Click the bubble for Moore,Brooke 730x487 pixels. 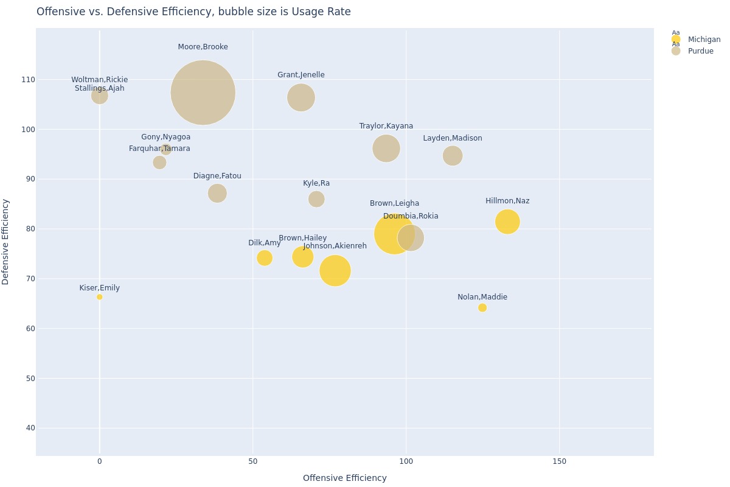point(203,93)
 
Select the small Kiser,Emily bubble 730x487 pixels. point(99,297)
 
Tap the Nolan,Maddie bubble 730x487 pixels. point(482,308)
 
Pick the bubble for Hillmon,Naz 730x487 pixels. point(507,222)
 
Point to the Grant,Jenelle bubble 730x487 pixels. point(301,97)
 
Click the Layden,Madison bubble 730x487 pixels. point(452,156)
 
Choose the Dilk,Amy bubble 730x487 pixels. point(264,258)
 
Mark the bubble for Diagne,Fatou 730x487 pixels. point(217,194)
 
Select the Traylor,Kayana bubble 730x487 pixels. point(386,149)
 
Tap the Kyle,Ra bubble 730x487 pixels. point(316,199)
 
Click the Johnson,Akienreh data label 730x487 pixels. point(335,246)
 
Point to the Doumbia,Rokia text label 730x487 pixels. point(411,216)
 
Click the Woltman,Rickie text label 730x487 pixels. point(99,80)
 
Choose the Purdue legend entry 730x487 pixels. point(700,51)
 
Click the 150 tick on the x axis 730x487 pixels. point(559,461)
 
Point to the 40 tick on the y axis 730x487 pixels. point(29,428)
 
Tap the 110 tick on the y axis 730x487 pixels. point(27,80)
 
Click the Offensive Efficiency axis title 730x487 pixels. point(344,478)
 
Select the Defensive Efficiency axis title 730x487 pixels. point(6,242)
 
